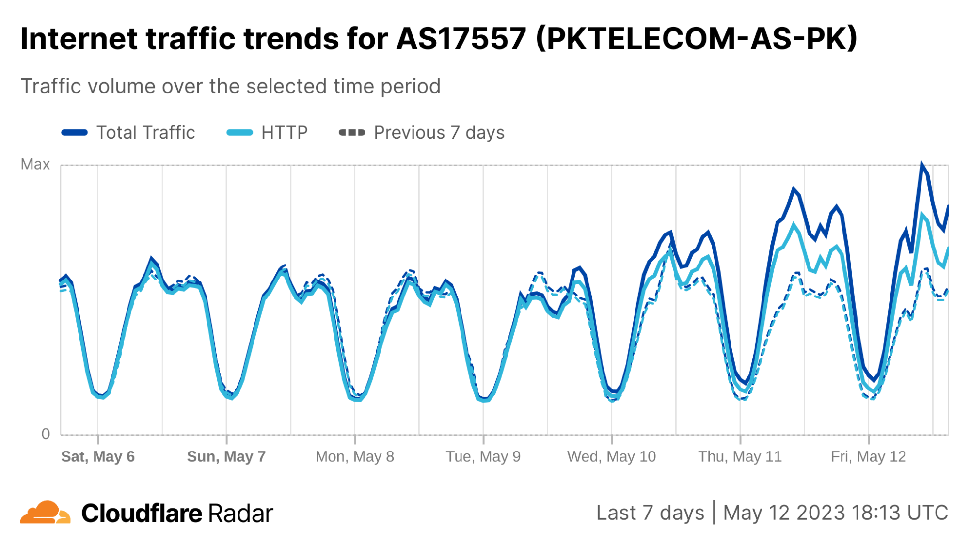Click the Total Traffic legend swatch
coord(74,132)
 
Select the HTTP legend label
coord(284,132)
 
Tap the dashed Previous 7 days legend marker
coord(352,132)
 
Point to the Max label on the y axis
coord(35,164)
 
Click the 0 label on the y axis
coord(46,434)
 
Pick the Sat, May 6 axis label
coord(98,456)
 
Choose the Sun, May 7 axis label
coord(226,456)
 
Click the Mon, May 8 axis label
coord(355,456)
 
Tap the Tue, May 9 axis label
coord(483,456)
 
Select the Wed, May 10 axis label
coord(611,456)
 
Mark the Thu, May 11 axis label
coord(740,456)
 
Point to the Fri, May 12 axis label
coord(868,456)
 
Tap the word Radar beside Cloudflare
coord(240,514)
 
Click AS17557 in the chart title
coord(461,39)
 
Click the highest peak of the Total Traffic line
coord(921,165)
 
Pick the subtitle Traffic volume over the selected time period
coord(231,86)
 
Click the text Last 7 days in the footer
coord(650,513)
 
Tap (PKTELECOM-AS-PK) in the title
coord(697,39)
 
